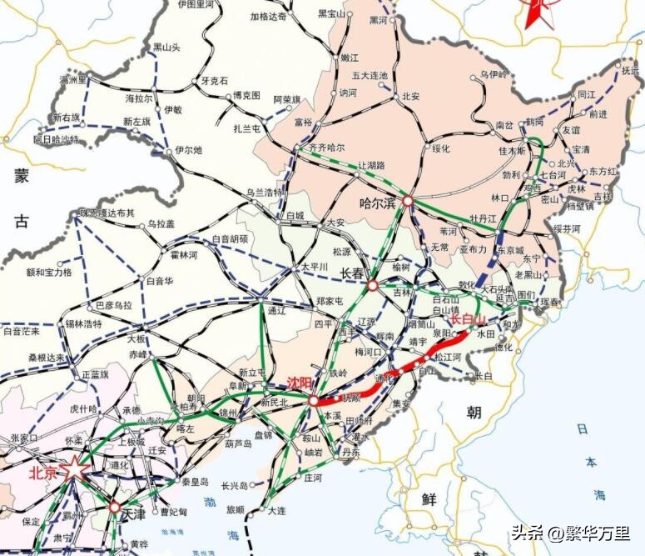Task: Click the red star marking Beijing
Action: click(74, 470)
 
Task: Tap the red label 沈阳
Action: click(298, 383)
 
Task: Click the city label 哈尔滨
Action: click(377, 202)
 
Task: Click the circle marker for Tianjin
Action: click(114, 507)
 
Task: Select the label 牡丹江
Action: click(483, 218)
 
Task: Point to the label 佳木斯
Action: click(513, 151)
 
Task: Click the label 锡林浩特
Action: click(83, 323)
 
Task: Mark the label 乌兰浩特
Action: click(265, 192)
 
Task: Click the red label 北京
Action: click(43, 473)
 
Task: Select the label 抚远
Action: click(632, 71)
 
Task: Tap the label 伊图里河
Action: click(196, 4)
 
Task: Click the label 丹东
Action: click(350, 452)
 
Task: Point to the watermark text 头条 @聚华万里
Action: click(570, 532)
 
